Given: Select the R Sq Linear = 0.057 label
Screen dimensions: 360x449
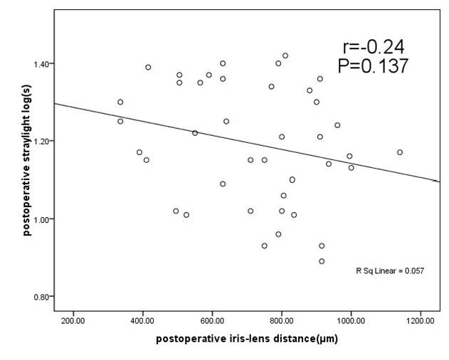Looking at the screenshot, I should click(x=389, y=271).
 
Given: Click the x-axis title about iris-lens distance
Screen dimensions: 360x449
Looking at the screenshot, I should click(x=247, y=339).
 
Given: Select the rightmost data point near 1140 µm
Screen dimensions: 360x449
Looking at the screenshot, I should click(x=400, y=152).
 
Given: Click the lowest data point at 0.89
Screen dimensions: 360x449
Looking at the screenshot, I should click(x=322, y=261).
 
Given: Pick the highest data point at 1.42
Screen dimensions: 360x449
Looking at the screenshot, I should click(x=285, y=55).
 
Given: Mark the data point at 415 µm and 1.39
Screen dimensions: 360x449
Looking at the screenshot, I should click(x=148, y=68).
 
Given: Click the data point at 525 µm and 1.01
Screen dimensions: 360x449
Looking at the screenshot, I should click(x=186, y=215).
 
